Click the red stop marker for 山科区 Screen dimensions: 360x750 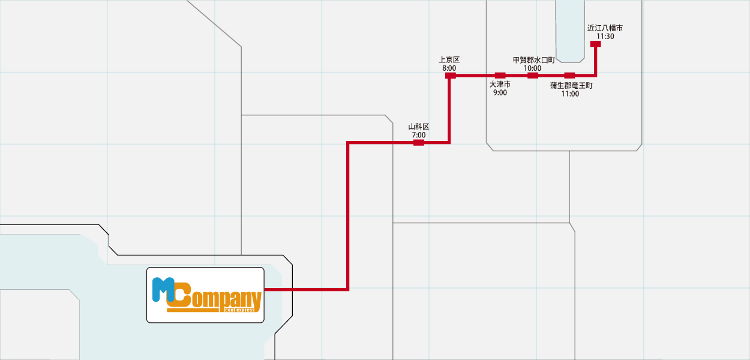(x=419, y=143)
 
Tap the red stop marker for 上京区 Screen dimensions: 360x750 (x=451, y=76)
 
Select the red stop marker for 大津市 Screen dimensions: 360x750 (x=500, y=76)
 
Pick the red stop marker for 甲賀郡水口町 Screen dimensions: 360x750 (x=532, y=76)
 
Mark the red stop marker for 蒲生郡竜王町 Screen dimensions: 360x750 (x=570, y=76)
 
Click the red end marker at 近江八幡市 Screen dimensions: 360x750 (x=595, y=44)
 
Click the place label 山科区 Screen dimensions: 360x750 (x=419, y=127)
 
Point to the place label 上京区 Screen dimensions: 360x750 (x=449, y=59)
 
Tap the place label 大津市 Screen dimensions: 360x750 (x=500, y=84)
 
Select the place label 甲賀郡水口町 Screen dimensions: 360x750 (x=533, y=60)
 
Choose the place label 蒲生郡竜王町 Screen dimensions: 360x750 (x=571, y=86)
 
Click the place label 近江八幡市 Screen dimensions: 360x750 (x=605, y=28)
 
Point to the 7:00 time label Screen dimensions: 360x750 (x=419, y=135)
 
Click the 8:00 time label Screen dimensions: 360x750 (x=449, y=68)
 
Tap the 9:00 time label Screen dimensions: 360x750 (x=500, y=92)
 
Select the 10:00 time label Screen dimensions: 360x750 (x=532, y=68)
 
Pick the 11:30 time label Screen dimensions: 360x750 (x=605, y=37)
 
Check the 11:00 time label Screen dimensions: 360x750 (x=570, y=94)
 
